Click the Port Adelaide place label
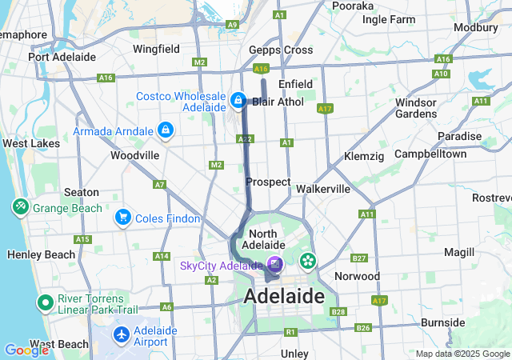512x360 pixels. click(x=62, y=57)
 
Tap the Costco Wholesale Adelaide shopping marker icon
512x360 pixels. click(x=238, y=101)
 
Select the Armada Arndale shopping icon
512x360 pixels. click(x=165, y=129)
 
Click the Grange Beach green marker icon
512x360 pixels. click(x=19, y=207)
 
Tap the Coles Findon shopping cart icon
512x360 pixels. click(x=122, y=217)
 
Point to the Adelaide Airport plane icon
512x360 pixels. click(x=122, y=334)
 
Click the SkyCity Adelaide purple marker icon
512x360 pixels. click(x=274, y=263)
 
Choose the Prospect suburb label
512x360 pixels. click(x=268, y=182)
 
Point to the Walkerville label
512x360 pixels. click(x=323, y=189)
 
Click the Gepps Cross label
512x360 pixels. click(x=280, y=50)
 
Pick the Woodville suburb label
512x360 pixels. click(x=134, y=154)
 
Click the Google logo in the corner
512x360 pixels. click(x=26, y=350)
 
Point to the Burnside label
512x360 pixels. click(x=442, y=322)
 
